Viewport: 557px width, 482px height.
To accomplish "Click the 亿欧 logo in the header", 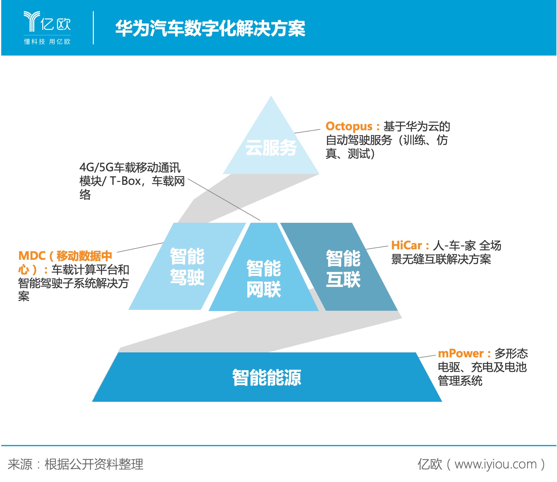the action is point(47,22).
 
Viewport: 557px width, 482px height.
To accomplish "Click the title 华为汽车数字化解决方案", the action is point(210,28).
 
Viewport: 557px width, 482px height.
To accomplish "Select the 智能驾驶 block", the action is point(187,266).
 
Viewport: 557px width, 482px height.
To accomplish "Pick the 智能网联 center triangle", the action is point(264,278).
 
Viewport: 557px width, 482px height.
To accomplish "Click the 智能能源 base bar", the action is point(267,377).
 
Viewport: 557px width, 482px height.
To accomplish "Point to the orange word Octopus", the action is point(349,126).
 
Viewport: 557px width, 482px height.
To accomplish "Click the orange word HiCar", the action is point(406,245).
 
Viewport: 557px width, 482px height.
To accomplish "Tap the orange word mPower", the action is point(461,353).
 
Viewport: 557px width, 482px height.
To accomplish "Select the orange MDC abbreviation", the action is point(32,256).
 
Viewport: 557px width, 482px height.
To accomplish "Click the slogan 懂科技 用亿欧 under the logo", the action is point(47,41).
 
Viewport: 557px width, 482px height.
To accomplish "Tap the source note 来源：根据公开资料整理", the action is point(76,464).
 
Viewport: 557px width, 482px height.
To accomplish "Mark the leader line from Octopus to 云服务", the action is point(307,131).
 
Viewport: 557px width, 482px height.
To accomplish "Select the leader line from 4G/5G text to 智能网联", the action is point(224,199).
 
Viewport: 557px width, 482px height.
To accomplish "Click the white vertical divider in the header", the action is point(93,28).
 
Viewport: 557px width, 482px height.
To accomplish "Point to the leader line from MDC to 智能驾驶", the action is point(140,247).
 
